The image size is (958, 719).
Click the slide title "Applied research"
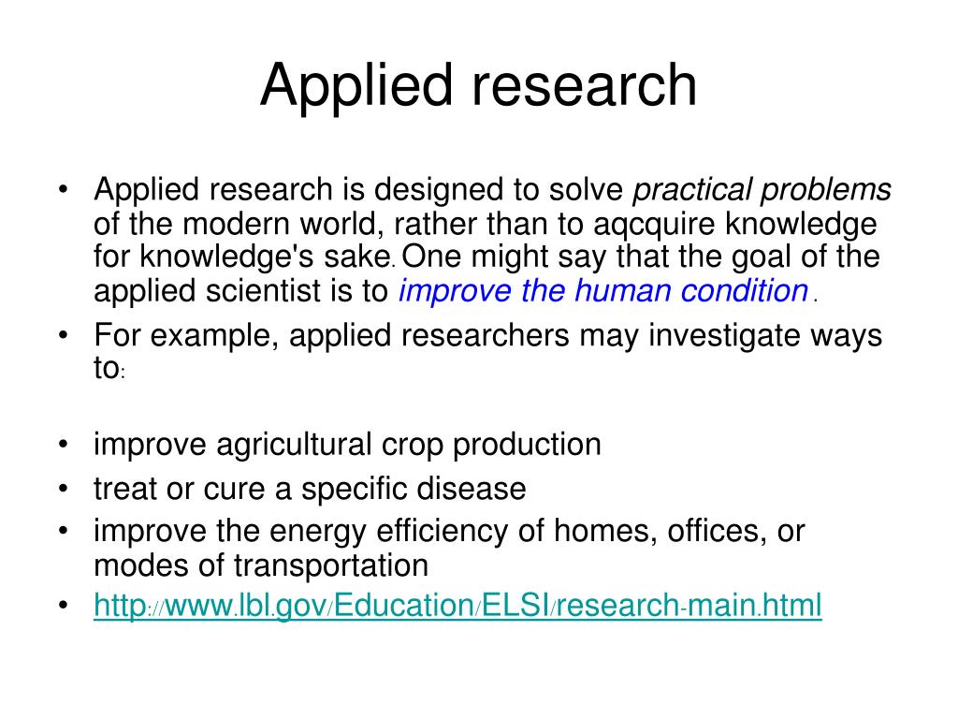(x=478, y=86)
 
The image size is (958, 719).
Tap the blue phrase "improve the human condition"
(x=602, y=292)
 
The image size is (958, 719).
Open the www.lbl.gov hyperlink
(x=457, y=606)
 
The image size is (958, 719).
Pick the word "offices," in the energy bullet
(x=716, y=532)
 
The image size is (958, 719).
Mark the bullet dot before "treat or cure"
(x=62, y=489)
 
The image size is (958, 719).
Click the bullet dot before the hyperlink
(x=62, y=607)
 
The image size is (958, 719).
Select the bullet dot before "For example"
(x=62, y=336)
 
